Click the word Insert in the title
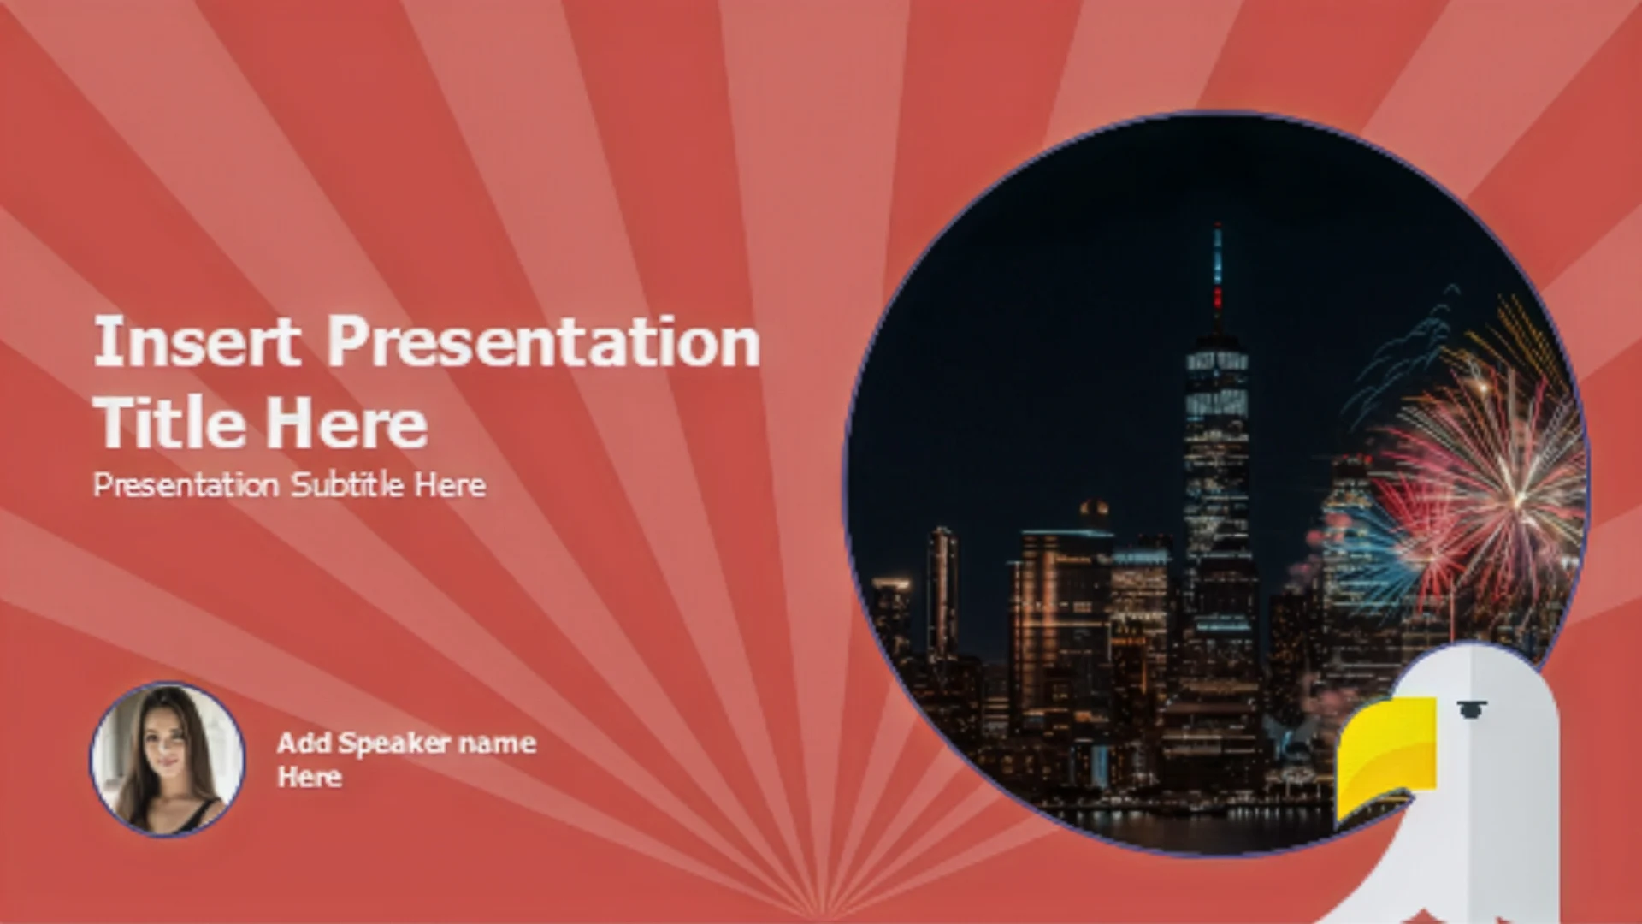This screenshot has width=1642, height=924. point(197,341)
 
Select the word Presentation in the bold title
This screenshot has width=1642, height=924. point(544,341)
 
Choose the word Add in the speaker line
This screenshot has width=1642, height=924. point(304,742)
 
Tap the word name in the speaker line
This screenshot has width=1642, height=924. point(497,743)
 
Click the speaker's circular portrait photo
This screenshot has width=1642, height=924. point(168,760)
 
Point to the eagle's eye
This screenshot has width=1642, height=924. point(1470,708)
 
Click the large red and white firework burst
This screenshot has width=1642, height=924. point(1488,479)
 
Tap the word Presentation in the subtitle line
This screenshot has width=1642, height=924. point(186,485)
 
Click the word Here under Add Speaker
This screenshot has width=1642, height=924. point(309,777)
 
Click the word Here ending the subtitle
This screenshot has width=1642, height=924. point(451,485)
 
